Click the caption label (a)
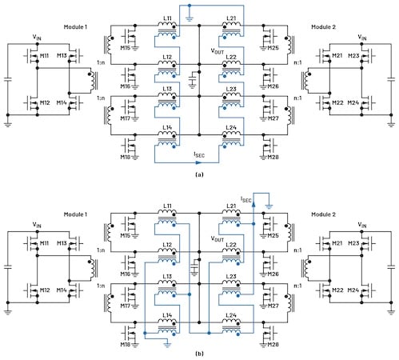tap(199, 174)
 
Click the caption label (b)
tap(199, 354)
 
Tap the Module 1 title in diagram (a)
tap(75, 26)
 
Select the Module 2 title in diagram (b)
tap(323, 214)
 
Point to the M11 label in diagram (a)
tap(44, 56)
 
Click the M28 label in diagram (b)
tap(273, 344)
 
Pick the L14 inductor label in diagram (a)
tap(167, 127)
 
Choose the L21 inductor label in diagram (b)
tap(231, 206)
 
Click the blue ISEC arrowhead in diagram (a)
tap(201, 162)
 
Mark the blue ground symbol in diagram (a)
tap(190, 18)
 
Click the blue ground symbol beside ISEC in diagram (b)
tap(269, 206)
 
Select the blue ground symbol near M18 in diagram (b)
tap(167, 346)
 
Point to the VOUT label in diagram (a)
tap(217, 50)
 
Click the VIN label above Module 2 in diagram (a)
tap(361, 37)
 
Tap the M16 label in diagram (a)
tap(126, 86)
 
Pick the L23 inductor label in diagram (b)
tap(231, 276)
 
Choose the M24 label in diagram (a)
tap(353, 102)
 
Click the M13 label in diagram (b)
tap(62, 243)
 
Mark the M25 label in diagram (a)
tap(273, 48)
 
